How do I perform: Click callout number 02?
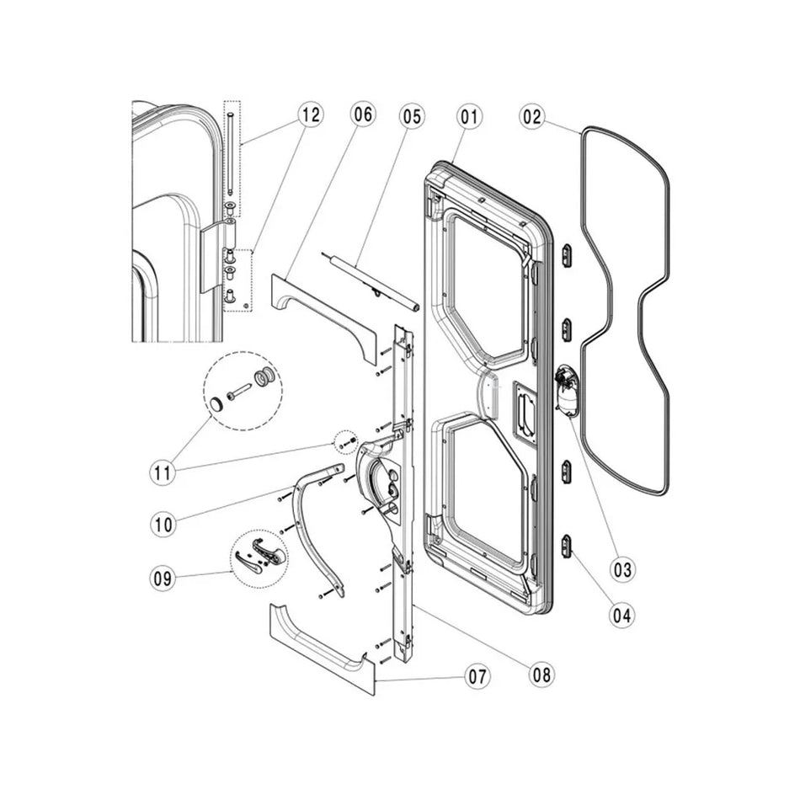[x=531, y=118]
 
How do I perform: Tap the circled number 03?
[x=622, y=570]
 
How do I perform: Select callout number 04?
[x=622, y=615]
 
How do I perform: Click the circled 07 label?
[x=477, y=677]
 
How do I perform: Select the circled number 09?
[x=164, y=579]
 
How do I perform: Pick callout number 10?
[x=164, y=523]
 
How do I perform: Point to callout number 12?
[x=310, y=115]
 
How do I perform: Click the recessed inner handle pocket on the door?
[x=525, y=410]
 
